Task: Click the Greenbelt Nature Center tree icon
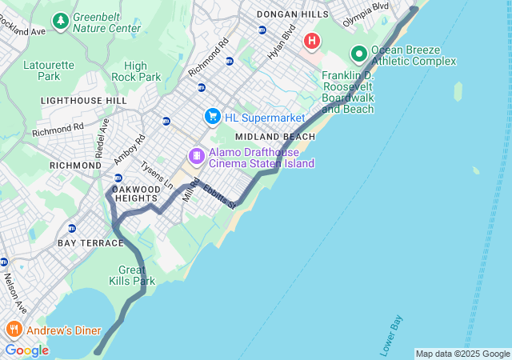click(x=60, y=18)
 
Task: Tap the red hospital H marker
click(x=312, y=40)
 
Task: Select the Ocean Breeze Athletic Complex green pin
click(x=359, y=54)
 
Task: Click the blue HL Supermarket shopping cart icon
click(x=212, y=117)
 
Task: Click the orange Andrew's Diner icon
click(x=14, y=330)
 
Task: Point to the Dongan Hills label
click(x=292, y=14)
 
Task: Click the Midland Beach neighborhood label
click(x=275, y=137)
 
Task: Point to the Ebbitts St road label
click(x=218, y=197)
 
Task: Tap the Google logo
click(x=26, y=350)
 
